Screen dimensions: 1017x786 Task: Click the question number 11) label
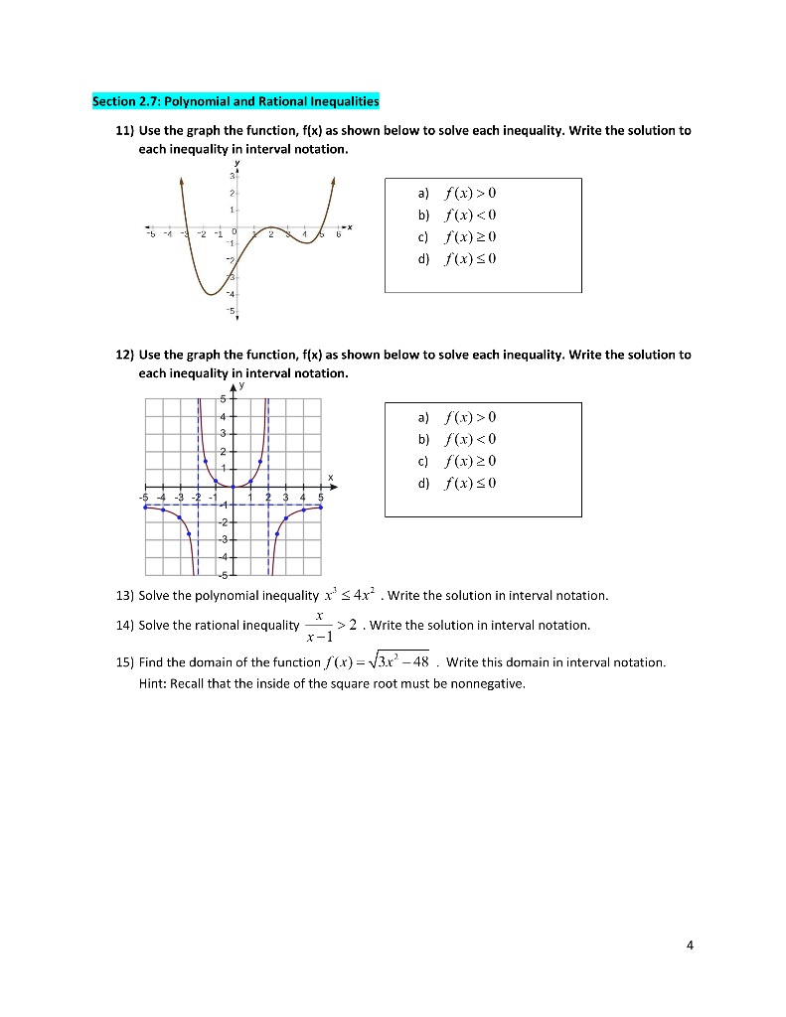point(126,131)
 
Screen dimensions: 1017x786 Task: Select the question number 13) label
point(125,596)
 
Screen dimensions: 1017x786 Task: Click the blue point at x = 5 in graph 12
point(320,507)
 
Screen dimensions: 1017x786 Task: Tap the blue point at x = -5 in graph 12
point(146,507)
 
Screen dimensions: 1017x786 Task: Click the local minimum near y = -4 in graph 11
point(212,293)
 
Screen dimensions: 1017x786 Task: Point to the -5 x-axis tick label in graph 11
point(151,235)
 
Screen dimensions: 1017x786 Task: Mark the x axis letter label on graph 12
point(331,475)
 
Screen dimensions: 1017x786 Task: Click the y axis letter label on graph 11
point(236,164)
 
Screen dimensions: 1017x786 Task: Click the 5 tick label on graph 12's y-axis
point(224,400)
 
